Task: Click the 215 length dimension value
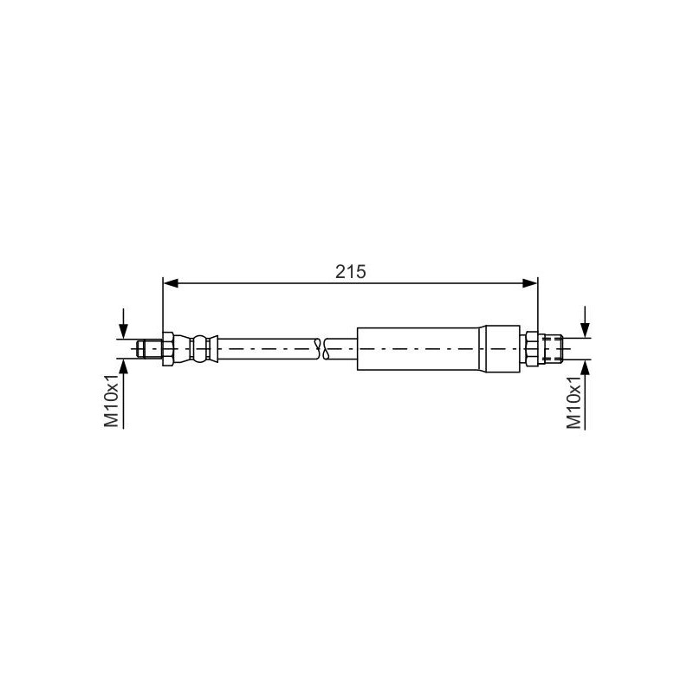coord(351,271)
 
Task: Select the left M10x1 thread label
coord(112,400)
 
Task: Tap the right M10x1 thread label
coord(573,403)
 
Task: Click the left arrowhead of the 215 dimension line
coord(171,283)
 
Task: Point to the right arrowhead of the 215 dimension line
coord(530,283)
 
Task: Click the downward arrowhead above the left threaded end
coord(123,332)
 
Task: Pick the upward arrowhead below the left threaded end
coord(123,366)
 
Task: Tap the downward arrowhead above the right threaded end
coord(586,331)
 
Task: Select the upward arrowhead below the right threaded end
coord(586,367)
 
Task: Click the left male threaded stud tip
coord(149,349)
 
